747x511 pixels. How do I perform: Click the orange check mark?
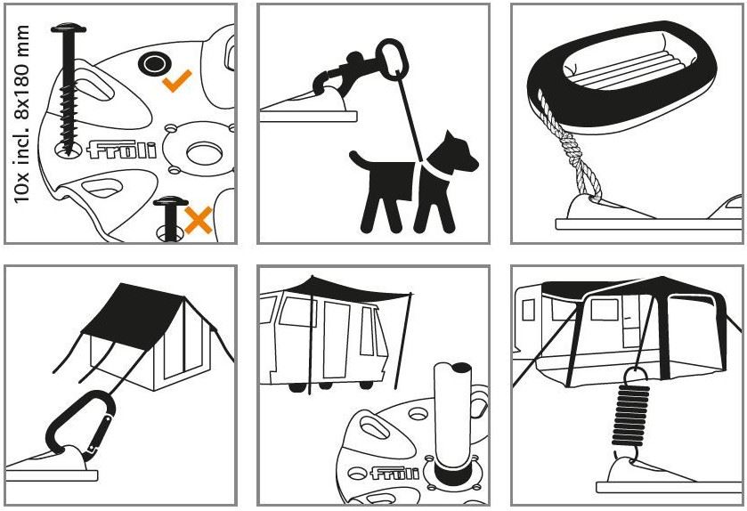(176, 82)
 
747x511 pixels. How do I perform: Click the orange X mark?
(199, 220)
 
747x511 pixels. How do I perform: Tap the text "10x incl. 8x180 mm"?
(21, 114)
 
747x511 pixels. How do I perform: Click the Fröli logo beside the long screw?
(122, 150)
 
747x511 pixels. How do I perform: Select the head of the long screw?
(69, 28)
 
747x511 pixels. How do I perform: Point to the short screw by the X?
(171, 216)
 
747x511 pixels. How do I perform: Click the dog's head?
(459, 152)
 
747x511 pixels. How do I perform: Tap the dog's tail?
(361, 161)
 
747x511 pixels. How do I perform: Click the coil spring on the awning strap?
(630, 414)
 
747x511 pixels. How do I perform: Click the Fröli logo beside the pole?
(395, 473)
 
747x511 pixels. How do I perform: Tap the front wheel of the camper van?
(297, 386)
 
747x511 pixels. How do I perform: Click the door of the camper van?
(337, 339)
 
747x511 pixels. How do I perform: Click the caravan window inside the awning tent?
(605, 310)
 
